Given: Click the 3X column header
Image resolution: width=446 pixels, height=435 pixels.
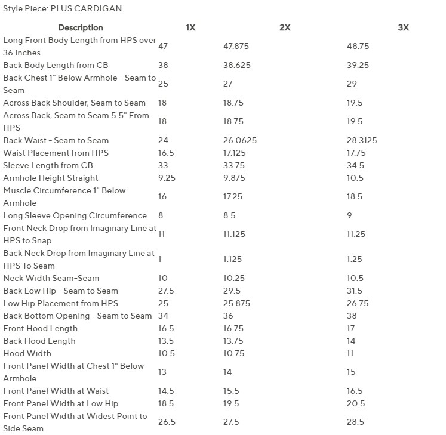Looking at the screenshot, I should [403, 27].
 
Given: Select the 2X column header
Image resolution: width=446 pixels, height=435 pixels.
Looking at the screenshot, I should [285, 27].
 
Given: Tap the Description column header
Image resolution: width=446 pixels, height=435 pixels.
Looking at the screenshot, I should [81, 27].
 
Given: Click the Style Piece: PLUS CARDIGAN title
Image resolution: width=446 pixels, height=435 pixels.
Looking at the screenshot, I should [62, 9].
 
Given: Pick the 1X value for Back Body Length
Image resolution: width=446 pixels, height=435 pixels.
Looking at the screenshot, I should [163, 65].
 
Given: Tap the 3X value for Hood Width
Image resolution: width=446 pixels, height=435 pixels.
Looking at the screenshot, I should [350, 353].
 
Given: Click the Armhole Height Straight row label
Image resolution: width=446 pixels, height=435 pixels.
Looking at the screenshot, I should [51, 178].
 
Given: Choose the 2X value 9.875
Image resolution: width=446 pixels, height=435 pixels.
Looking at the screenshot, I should [235, 178].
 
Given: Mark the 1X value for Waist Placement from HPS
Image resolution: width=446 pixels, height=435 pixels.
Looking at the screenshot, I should [166, 153].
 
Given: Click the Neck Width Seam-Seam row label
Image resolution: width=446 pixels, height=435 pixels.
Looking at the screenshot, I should [51, 278].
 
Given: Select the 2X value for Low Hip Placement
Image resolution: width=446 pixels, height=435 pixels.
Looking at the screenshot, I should [236, 303].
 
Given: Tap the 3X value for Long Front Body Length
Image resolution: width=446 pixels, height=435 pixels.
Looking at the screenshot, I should [358, 46].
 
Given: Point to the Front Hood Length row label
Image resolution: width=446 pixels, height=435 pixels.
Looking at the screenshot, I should [41, 328].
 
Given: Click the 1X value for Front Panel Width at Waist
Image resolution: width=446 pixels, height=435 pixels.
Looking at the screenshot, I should [166, 391].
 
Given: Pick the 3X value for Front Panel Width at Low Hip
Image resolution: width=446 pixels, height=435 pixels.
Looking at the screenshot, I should [355, 403].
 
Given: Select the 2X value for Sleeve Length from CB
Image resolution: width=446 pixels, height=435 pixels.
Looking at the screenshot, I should [234, 165].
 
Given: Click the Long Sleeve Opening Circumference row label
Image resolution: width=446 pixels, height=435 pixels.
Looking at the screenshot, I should [75, 215].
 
